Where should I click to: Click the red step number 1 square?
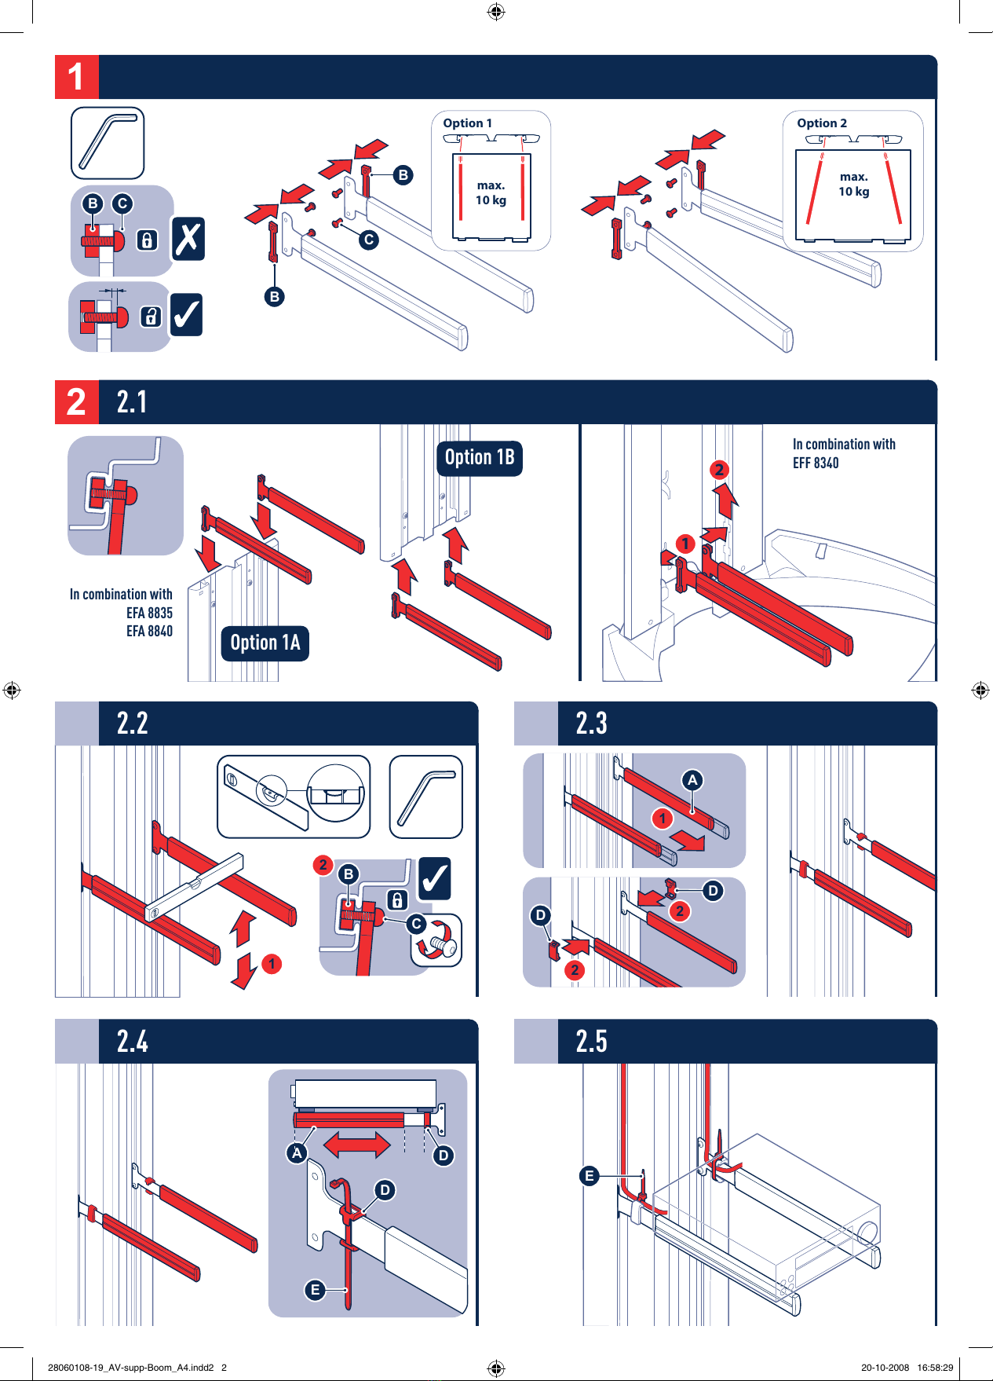click(x=76, y=77)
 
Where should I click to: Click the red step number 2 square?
click(x=76, y=402)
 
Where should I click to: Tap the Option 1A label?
click(x=265, y=643)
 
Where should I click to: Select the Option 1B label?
click(x=480, y=458)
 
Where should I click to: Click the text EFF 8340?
click(x=816, y=463)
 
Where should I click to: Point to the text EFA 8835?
click(x=149, y=613)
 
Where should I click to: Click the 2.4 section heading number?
click(x=133, y=1042)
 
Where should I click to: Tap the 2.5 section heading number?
click(x=592, y=1042)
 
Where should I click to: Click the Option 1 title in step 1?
click(x=468, y=123)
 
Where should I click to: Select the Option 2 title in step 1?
click(x=822, y=123)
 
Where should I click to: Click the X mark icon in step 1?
click(x=188, y=239)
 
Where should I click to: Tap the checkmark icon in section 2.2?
click(x=435, y=879)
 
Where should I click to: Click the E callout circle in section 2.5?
click(x=590, y=1176)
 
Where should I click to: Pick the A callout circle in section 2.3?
click(x=692, y=780)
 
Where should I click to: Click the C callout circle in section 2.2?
click(x=418, y=925)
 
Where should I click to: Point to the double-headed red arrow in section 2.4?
click(x=357, y=1145)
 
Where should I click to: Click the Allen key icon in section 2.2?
click(x=426, y=797)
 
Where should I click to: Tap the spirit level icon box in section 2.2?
click(x=294, y=797)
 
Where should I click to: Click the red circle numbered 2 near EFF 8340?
click(x=719, y=470)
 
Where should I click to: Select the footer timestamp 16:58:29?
click(x=935, y=1368)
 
